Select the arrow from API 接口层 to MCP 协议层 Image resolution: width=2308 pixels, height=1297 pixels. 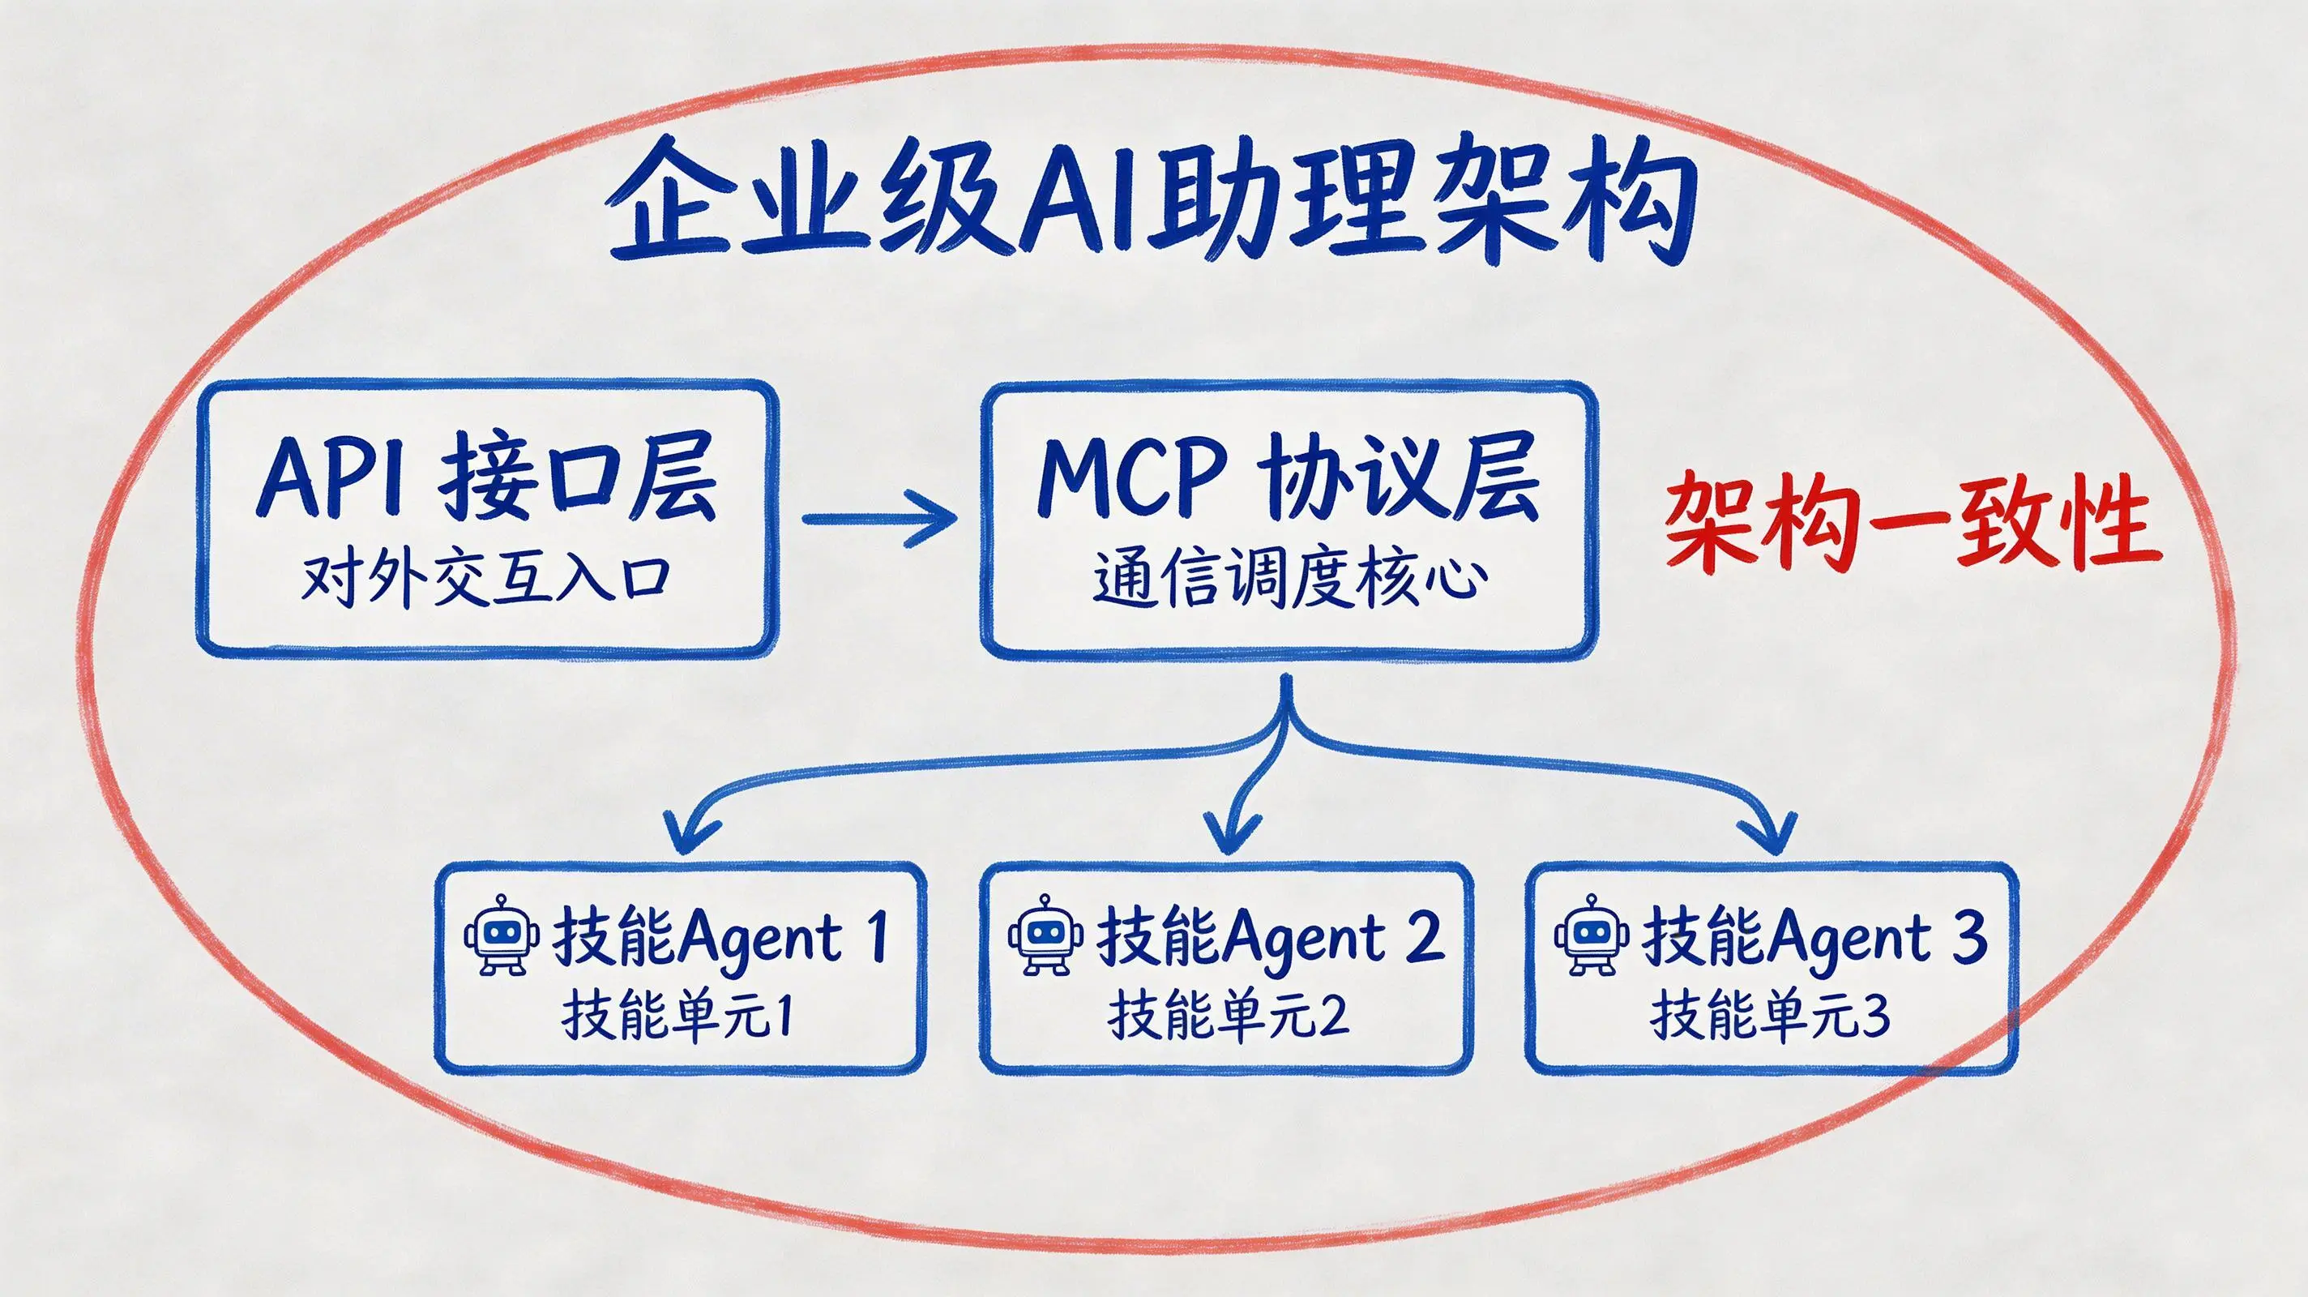[x=880, y=518]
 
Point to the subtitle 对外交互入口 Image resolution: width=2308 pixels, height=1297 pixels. [x=485, y=580]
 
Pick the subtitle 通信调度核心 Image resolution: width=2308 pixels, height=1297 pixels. [x=1289, y=580]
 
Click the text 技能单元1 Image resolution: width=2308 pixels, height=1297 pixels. [x=677, y=1017]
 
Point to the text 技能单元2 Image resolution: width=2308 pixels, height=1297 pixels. [x=1228, y=1017]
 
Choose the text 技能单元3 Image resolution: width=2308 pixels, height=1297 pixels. [x=1771, y=1017]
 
